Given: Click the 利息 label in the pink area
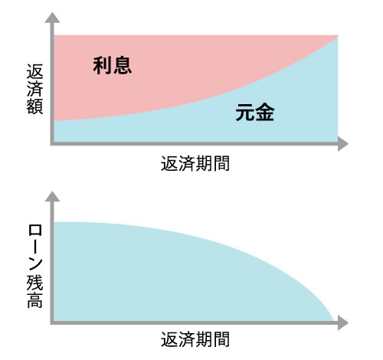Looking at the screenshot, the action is tap(113, 66).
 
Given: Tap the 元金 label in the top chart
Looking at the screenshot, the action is tap(255, 112).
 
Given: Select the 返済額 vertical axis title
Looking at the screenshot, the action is tap(34, 89).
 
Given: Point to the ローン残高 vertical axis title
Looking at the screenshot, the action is tap(34, 266).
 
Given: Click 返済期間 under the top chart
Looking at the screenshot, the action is tap(195, 163).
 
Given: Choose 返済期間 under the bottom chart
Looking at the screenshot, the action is tap(195, 339).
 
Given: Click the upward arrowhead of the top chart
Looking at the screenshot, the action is tap(52, 18).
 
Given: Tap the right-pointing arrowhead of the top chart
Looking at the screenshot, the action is tap(343, 144).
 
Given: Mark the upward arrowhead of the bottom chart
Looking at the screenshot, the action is tap(52, 196).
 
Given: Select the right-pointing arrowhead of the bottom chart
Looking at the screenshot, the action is tap(343, 322).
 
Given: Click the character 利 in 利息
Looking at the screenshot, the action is tap(103, 66).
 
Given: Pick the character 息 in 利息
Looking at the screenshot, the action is tap(123, 66).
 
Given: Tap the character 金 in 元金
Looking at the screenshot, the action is tap(265, 112).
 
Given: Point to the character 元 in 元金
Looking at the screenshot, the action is tap(245, 112).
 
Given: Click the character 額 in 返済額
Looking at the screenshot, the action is tap(34, 106).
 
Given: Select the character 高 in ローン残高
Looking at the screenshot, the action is tap(34, 300).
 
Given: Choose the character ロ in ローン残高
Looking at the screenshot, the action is tap(34, 231).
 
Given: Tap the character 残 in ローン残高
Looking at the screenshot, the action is tap(34, 283).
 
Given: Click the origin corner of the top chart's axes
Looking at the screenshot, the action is tap(52, 144).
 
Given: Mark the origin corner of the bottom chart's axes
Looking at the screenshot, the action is tap(52, 322).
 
